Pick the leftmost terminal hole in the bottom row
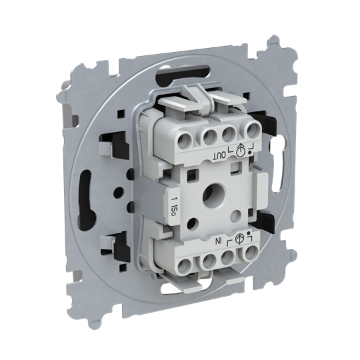click(x=185, y=267)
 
